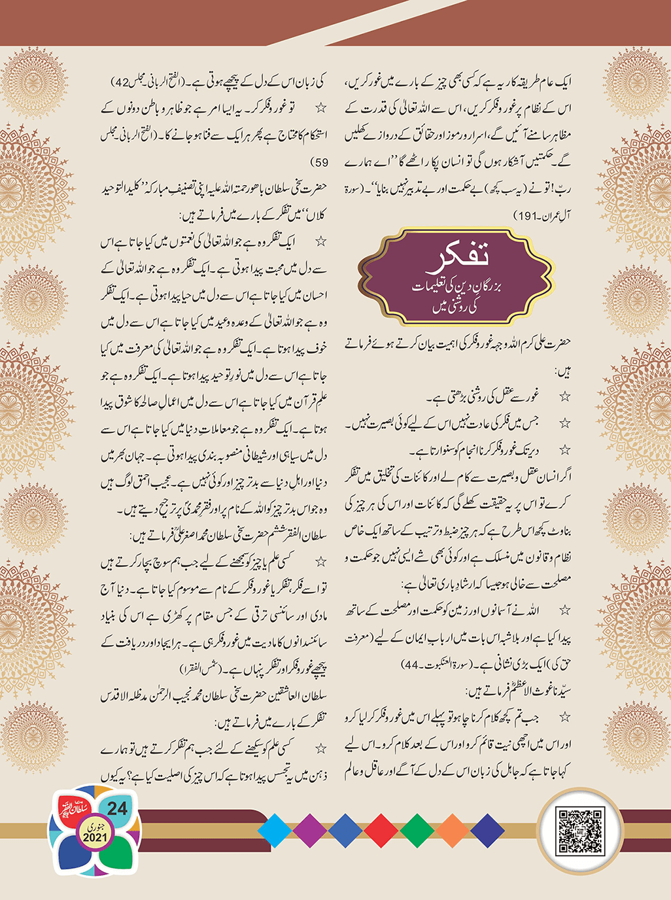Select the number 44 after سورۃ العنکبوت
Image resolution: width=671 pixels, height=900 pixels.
(x=411, y=665)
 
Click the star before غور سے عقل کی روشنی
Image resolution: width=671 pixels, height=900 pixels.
(x=564, y=396)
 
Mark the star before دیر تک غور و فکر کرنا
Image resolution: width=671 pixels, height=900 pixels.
(x=564, y=450)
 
